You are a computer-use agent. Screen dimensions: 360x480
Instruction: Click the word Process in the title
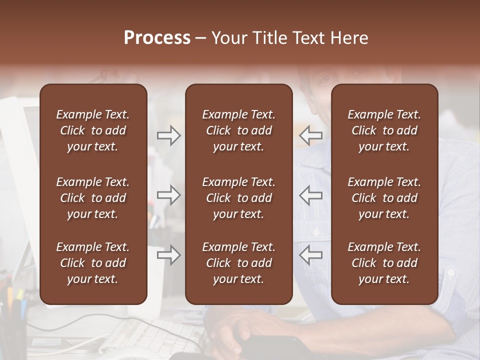pos(157,38)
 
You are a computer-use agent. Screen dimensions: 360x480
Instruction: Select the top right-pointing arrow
pos(168,135)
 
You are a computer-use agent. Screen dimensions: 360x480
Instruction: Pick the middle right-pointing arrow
pos(168,195)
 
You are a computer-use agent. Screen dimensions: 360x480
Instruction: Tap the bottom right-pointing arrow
pos(168,255)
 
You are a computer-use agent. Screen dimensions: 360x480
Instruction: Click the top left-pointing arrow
pos(311,135)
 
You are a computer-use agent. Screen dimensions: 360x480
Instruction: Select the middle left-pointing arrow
pos(311,195)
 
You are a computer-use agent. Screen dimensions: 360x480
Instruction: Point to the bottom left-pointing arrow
pos(311,255)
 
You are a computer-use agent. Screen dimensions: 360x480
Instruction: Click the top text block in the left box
pos(93,130)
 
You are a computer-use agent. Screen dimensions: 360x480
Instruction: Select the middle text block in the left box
pos(93,198)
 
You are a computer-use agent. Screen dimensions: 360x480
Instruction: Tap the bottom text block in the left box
pos(93,263)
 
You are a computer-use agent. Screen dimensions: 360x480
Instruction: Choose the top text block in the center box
pos(238,130)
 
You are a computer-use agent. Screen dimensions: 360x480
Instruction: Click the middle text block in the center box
pos(238,198)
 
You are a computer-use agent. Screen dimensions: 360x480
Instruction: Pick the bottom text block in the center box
pos(238,263)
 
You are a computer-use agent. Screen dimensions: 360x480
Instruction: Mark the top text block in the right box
pos(384,130)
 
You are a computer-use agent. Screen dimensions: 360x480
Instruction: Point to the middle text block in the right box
pos(384,198)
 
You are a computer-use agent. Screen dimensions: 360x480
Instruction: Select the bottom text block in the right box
pos(384,263)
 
